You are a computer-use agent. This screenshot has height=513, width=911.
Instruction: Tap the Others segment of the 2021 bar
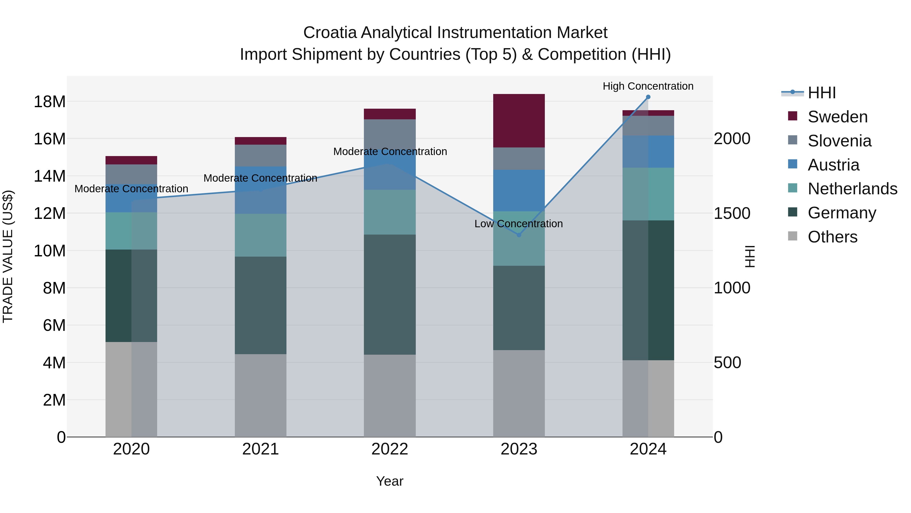pyautogui.click(x=261, y=395)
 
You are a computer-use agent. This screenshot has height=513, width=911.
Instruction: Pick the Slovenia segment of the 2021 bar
pyautogui.click(x=261, y=156)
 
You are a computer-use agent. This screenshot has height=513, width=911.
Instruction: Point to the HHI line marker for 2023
pyautogui.click(x=519, y=235)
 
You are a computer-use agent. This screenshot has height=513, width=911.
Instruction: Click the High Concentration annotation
pyautogui.click(x=648, y=86)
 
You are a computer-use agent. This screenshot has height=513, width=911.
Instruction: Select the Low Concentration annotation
pyautogui.click(x=519, y=224)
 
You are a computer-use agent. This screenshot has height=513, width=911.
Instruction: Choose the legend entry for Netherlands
pyautogui.click(x=852, y=189)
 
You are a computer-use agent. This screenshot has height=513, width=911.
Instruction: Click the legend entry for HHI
pyautogui.click(x=821, y=93)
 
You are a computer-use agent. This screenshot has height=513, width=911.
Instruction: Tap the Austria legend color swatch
pyautogui.click(x=793, y=164)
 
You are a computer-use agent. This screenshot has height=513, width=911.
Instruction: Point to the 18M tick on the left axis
pyautogui.click(x=50, y=102)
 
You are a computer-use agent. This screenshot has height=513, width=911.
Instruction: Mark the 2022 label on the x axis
pyautogui.click(x=390, y=449)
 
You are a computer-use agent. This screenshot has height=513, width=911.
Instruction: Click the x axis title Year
pyautogui.click(x=390, y=481)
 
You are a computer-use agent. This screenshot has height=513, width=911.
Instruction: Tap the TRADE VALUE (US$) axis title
pyautogui.click(x=8, y=256)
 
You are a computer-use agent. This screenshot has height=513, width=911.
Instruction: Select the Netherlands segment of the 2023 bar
pyautogui.click(x=519, y=238)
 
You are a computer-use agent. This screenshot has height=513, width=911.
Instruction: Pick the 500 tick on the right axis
pyautogui.click(x=727, y=363)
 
